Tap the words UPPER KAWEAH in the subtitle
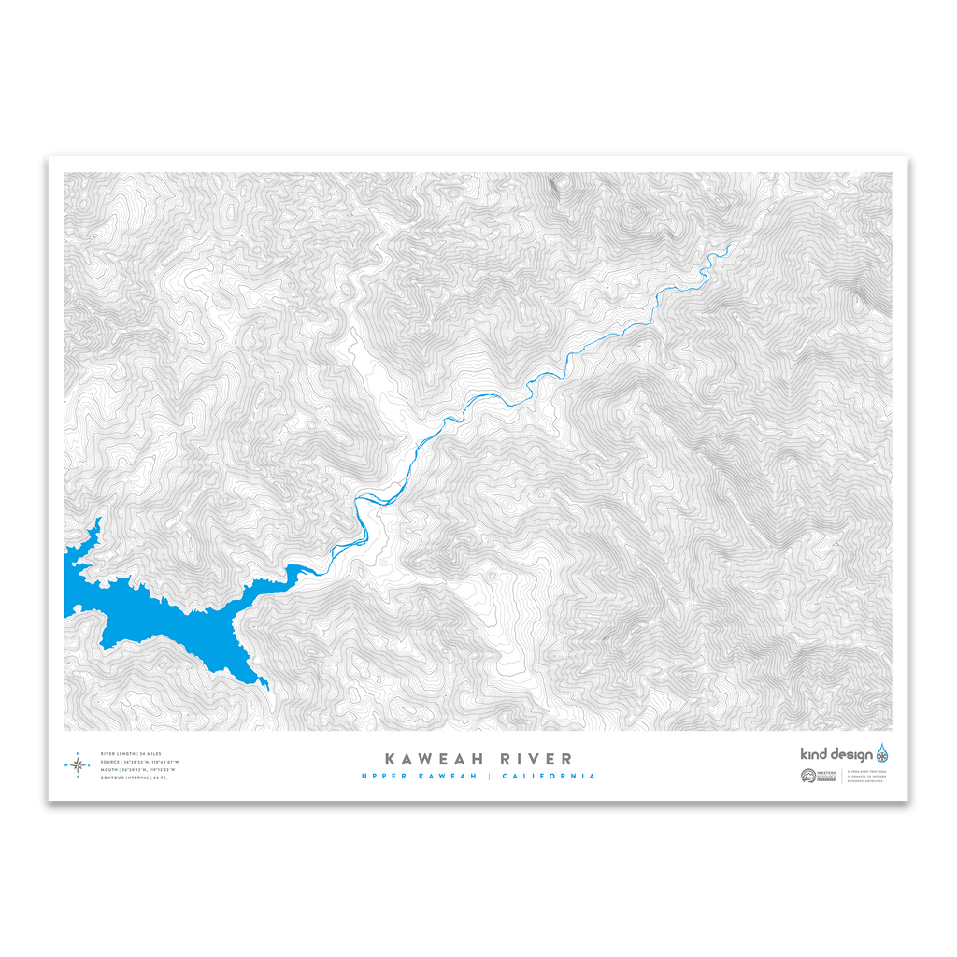419,776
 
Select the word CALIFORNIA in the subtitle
549,776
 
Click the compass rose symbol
78,765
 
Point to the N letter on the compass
78,753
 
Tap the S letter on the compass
78,777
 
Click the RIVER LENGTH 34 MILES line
131,753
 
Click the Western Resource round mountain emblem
808,776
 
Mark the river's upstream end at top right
730,246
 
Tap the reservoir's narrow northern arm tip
99,519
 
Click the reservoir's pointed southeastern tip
267,688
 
